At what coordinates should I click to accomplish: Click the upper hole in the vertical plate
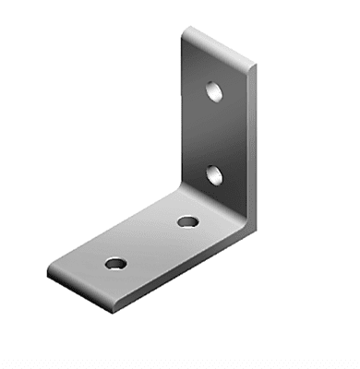pyautogui.click(x=213, y=91)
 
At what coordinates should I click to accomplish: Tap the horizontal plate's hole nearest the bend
pyautogui.click(x=187, y=221)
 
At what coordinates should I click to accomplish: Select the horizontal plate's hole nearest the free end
pyautogui.click(x=114, y=264)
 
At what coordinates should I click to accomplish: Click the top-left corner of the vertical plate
pyautogui.click(x=185, y=30)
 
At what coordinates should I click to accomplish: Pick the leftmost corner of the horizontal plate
pyautogui.click(x=45, y=274)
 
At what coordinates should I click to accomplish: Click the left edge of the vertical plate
pyautogui.click(x=180, y=111)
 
